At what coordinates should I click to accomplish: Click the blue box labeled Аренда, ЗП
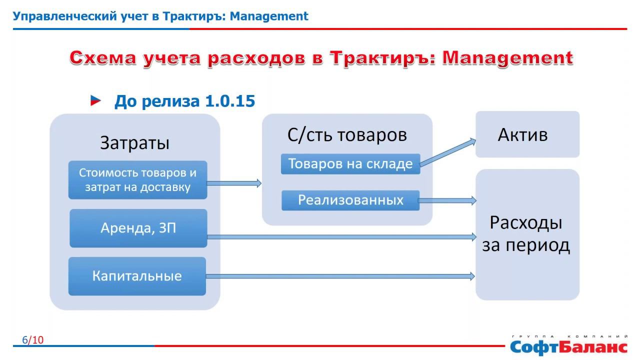pyautogui.click(x=138, y=228)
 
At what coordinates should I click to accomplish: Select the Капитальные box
pyautogui.click(x=137, y=276)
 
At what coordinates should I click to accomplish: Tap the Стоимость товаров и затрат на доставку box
pyautogui.click(x=137, y=180)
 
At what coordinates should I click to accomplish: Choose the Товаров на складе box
pyautogui.click(x=350, y=164)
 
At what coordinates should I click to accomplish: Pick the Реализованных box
pyautogui.click(x=350, y=200)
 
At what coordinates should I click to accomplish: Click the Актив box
pyautogui.click(x=527, y=134)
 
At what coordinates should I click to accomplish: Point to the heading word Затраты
pyautogui.click(x=135, y=143)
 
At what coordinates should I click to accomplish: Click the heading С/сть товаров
pyautogui.click(x=347, y=135)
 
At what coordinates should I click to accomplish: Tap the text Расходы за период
pyautogui.click(x=526, y=234)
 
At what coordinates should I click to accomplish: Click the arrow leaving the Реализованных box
pyautogui.click(x=447, y=200)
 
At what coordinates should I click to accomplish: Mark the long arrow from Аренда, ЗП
pyautogui.click(x=340, y=236)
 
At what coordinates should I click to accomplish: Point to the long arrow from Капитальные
pyautogui.click(x=340, y=276)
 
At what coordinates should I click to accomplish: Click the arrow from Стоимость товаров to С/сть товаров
pyautogui.click(x=234, y=183)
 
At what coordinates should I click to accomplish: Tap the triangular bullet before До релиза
pyautogui.click(x=95, y=101)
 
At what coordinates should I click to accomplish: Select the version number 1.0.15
pyautogui.click(x=230, y=101)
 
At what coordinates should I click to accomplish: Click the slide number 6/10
pyautogui.click(x=33, y=340)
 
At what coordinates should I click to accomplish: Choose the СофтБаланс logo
pyautogui.click(x=568, y=345)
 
